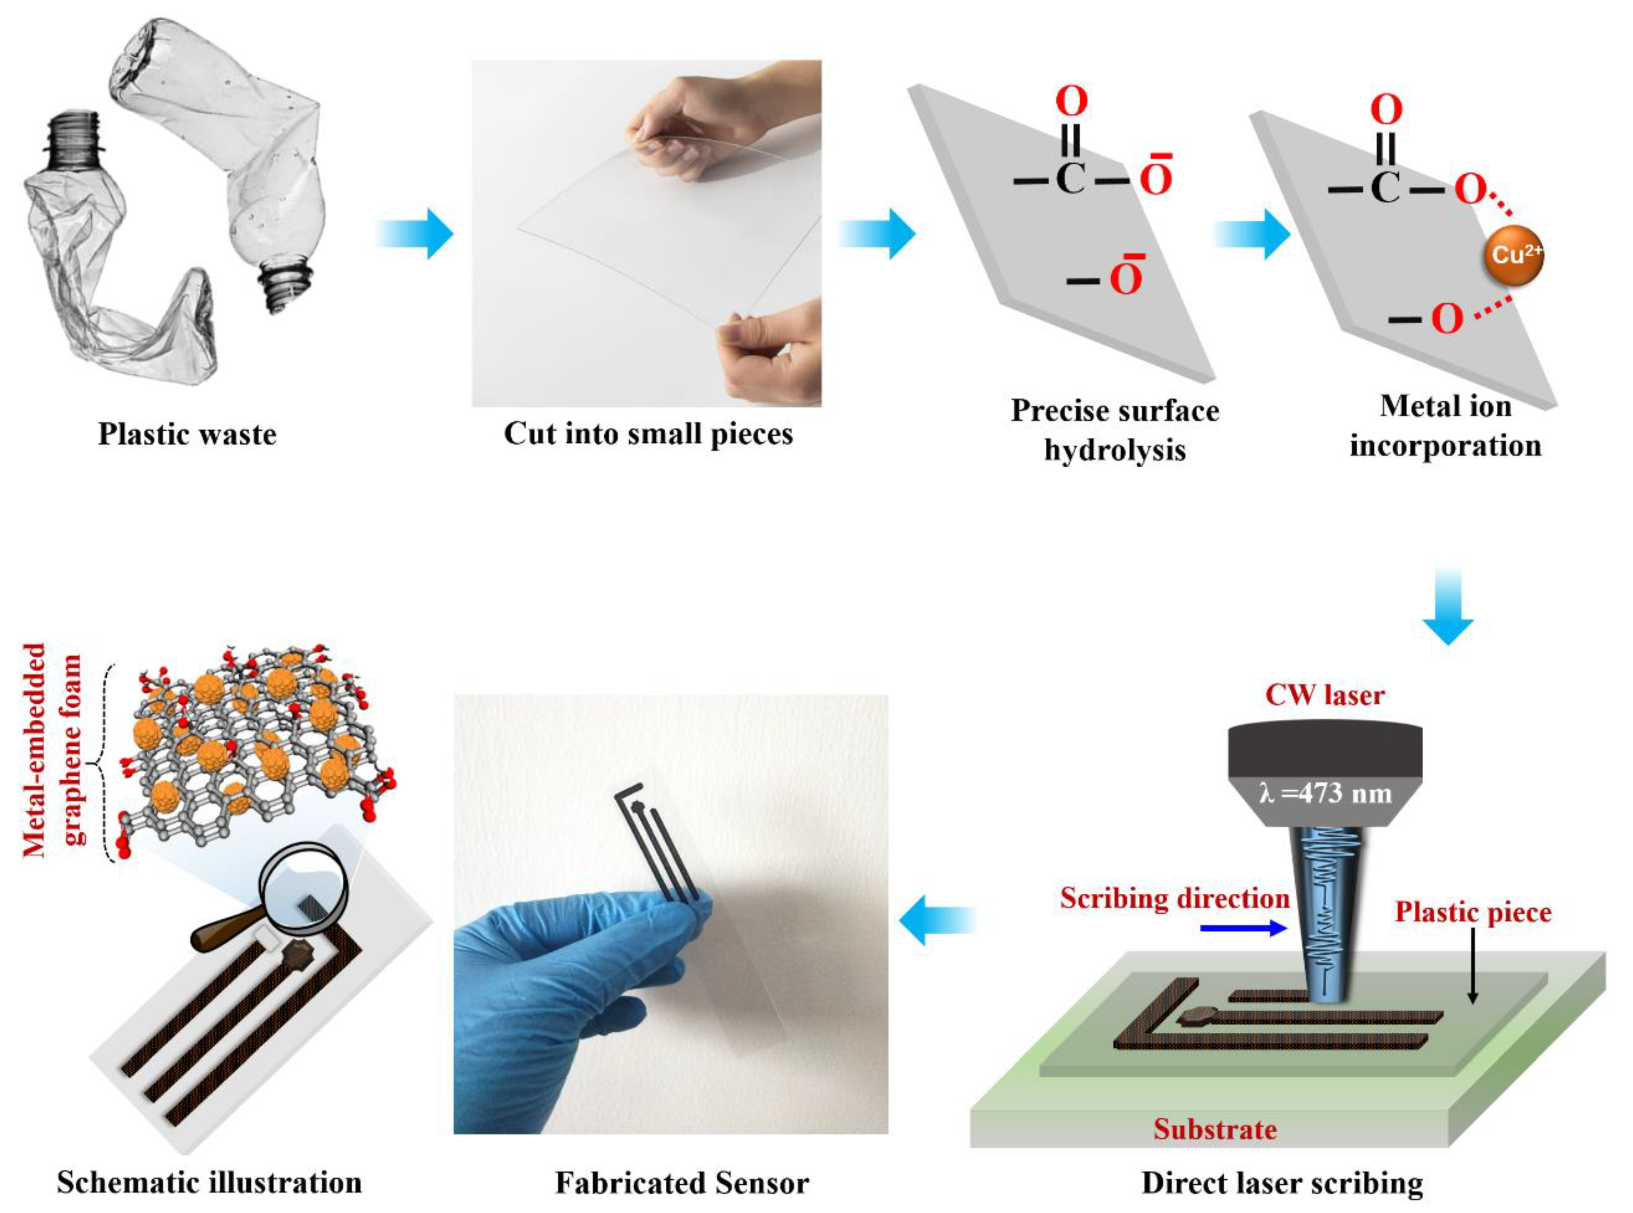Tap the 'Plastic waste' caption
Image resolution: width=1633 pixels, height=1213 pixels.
[187, 434]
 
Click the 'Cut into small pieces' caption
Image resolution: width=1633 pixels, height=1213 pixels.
[648, 434]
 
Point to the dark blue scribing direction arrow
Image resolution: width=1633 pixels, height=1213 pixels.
[1243, 928]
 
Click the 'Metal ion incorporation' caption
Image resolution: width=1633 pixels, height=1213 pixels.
[1445, 426]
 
